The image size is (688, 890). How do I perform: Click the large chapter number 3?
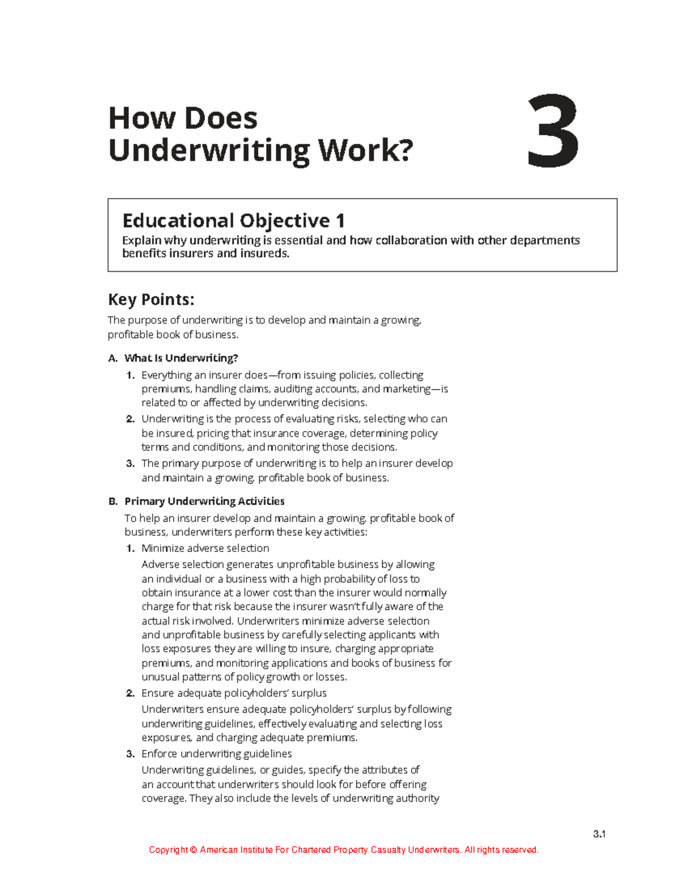coord(553,133)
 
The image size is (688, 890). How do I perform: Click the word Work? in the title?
coord(365,150)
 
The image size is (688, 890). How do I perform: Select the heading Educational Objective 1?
coord(233,221)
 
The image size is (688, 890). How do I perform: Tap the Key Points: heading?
coord(151,299)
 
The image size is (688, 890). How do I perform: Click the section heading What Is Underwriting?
coord(181,358)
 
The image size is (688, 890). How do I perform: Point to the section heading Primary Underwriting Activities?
coord(204,501)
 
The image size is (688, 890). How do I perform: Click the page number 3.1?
coord(600,834)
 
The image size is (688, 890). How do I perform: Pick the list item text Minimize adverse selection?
coord(205,548)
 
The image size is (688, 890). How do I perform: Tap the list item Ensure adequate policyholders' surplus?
coord(234,693)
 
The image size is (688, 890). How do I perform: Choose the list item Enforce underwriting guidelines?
coord(216,754)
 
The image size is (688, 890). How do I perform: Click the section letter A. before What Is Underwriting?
coord(112,358)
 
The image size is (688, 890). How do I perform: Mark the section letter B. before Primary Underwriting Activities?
coord(112,501)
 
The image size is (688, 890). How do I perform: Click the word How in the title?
coord(134,119)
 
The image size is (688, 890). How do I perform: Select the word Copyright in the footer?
coord(168,850)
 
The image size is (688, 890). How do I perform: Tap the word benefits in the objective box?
coord(144,253)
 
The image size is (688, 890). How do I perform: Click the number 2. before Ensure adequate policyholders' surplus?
coord(130,693)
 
